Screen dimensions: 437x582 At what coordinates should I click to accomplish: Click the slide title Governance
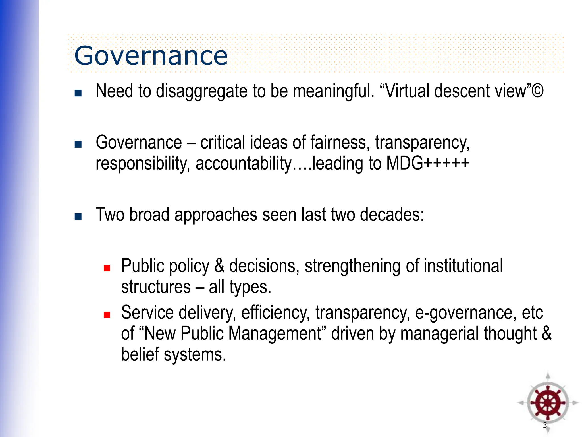(151, 56)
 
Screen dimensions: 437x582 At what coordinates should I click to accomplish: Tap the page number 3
(545, 426)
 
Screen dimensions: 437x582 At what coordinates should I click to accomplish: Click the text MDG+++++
(428, 164)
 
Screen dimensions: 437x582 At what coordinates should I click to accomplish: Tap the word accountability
(244, 164)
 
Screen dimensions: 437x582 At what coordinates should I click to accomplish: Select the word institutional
(463, 266)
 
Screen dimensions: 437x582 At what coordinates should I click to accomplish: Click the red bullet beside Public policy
(107, 268)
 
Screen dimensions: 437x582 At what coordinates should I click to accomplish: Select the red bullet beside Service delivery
(107, 315)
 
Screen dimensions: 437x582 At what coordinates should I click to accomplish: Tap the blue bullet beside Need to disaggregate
(78, 93)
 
